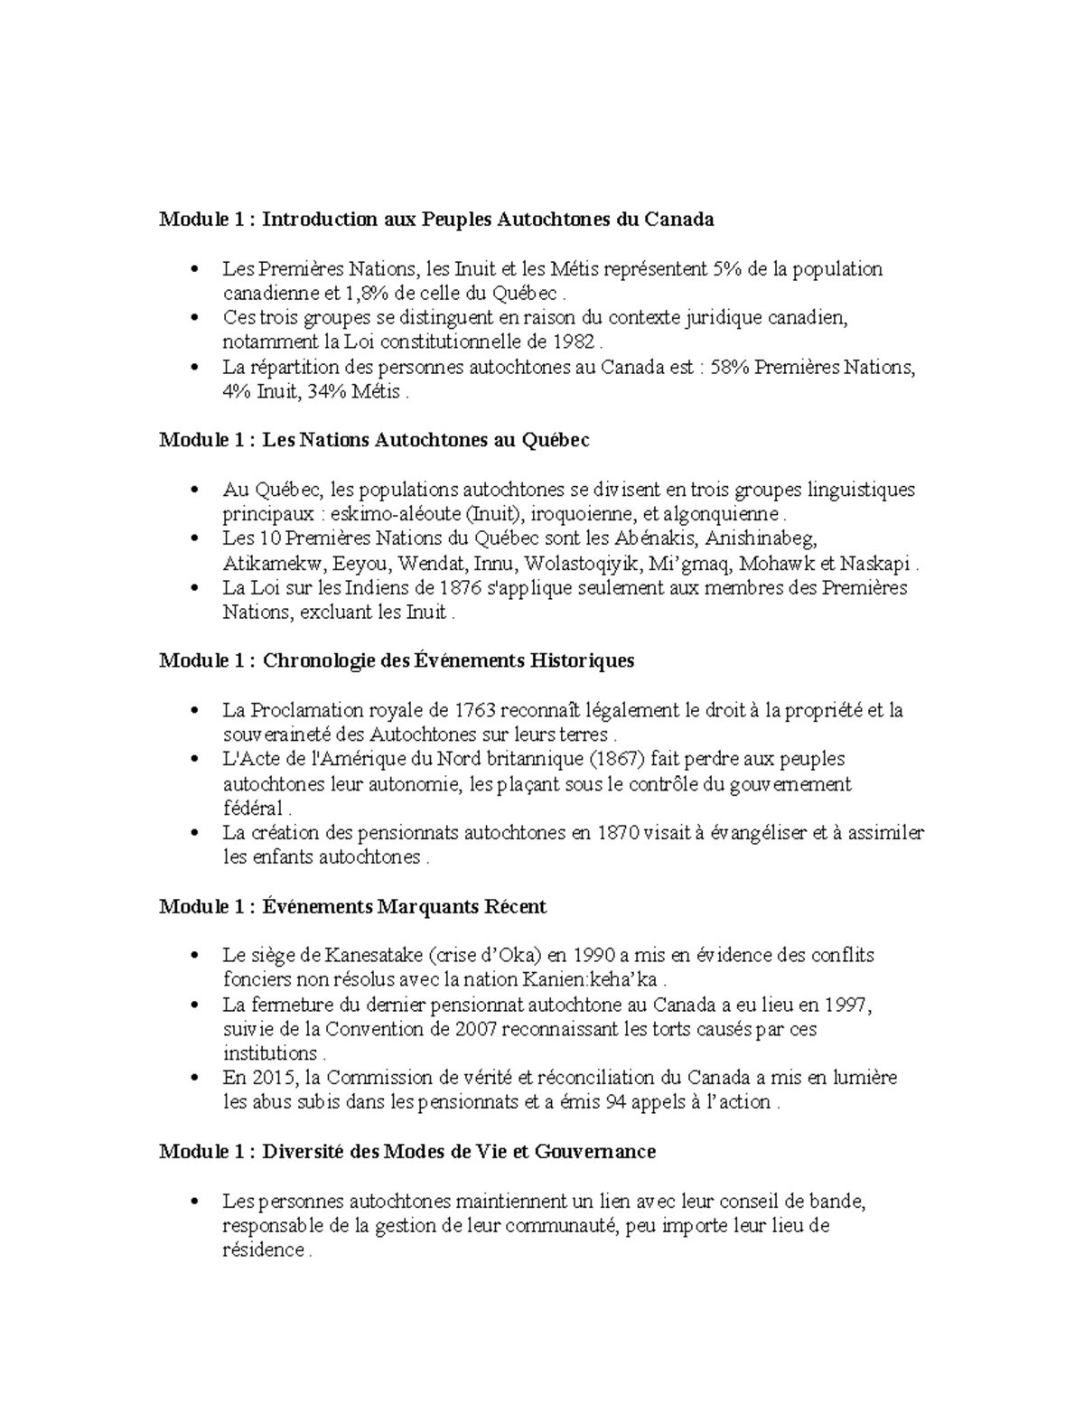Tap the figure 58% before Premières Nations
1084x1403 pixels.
coord(730,368)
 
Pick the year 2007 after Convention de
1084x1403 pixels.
coord(476,1029)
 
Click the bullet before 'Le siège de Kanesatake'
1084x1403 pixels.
coord(194,956)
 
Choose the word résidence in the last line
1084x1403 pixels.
coord(263,1250)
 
